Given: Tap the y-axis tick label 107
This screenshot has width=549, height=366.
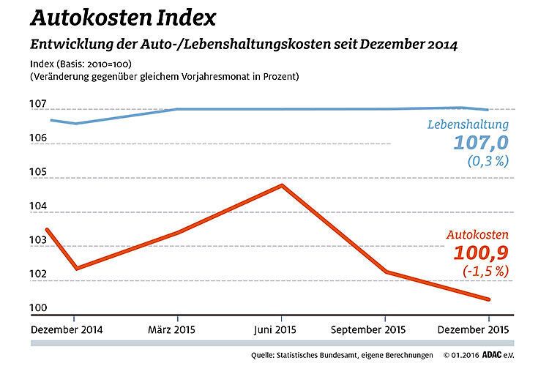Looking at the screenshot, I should click(38, 104).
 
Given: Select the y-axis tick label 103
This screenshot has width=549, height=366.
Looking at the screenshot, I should click(38, 240).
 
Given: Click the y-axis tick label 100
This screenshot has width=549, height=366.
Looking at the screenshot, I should click(38, 307).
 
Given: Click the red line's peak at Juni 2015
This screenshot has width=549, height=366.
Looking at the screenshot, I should click(282, 185).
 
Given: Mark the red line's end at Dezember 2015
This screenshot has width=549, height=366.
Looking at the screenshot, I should click(488, 299).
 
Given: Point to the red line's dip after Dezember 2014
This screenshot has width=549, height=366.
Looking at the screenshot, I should click(75, 268).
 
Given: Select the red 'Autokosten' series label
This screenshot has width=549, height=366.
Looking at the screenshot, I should click(477, 236).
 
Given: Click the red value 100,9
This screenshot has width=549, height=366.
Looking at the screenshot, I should click(479, 253).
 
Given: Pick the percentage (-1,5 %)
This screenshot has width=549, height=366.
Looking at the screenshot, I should click(485, 272).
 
